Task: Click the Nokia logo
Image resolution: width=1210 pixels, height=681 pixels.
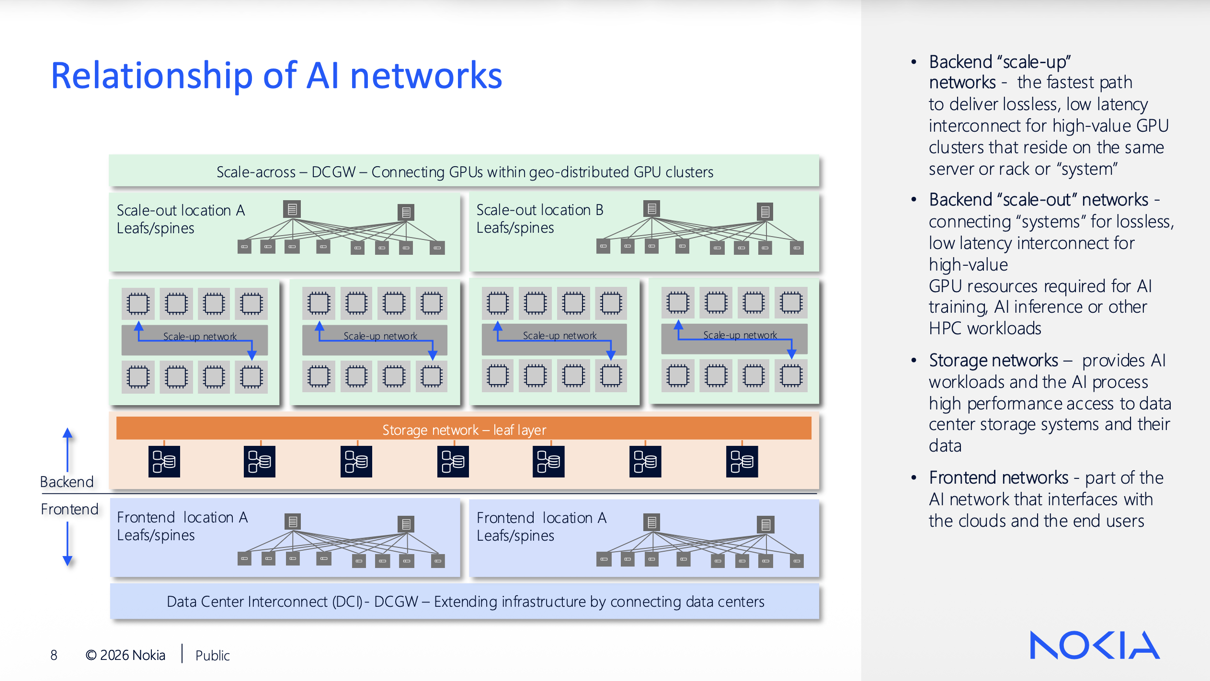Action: point(1094,645)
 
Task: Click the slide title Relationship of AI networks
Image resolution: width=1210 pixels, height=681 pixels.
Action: point(276,76)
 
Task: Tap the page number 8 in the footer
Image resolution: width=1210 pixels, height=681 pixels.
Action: point(54,655)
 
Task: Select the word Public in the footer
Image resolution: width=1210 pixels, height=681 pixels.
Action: point(212,655)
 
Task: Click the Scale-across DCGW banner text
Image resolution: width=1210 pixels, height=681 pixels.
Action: point(464,172)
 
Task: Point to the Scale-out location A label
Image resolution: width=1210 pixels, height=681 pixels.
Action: point(181,210)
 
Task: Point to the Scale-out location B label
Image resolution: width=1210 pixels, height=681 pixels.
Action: point(540,210)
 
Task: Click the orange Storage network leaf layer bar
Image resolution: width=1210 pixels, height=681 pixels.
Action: point(464,429)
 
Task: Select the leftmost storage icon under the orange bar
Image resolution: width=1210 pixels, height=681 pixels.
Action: point(164,461)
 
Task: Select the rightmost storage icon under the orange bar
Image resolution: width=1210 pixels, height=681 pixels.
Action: point(742,461)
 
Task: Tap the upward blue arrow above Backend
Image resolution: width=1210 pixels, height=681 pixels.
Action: point(68,448)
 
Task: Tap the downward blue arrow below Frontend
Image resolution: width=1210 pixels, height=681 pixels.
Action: point(68,544)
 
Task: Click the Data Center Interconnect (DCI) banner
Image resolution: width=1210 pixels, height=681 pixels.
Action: point(465,602)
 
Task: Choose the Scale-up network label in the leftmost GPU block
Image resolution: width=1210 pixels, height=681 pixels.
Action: point(200,336)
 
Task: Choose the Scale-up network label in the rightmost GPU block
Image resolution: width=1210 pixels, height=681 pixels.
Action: point(740,335)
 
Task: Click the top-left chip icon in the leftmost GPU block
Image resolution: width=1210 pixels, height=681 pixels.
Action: point(138,303)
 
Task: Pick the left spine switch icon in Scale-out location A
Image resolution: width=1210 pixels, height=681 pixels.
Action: point(292,209)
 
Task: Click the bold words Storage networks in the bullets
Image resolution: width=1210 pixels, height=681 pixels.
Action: point(993,360)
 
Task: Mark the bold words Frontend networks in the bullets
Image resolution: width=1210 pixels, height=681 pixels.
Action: point(998,477)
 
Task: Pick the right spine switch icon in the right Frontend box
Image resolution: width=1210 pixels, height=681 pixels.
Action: point(765,524)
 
